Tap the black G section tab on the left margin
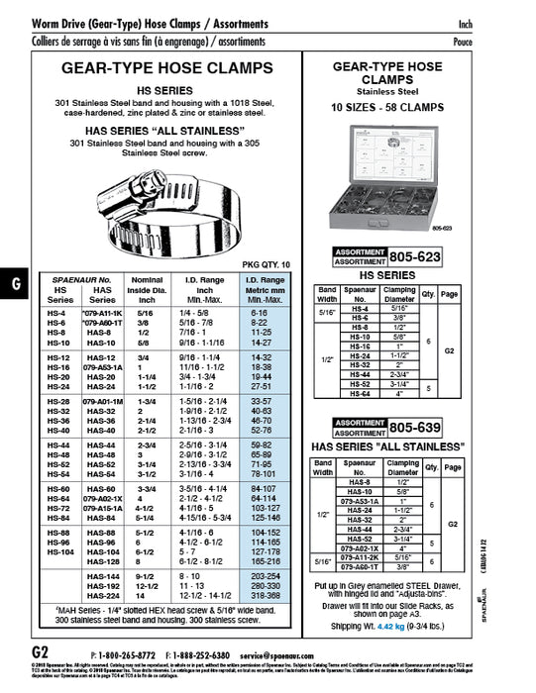click(x=14, y=282)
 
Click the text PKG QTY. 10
click(x=267, y=264)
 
